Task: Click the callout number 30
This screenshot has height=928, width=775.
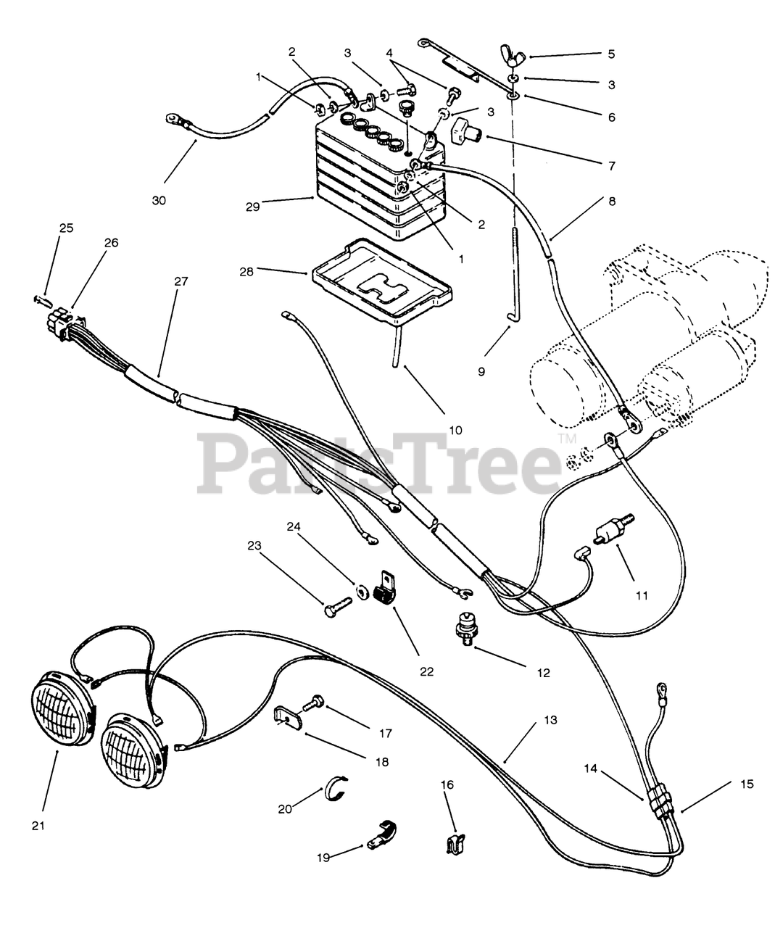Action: [x=159, y=200]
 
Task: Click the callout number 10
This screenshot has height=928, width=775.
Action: [x=455, y=430]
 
